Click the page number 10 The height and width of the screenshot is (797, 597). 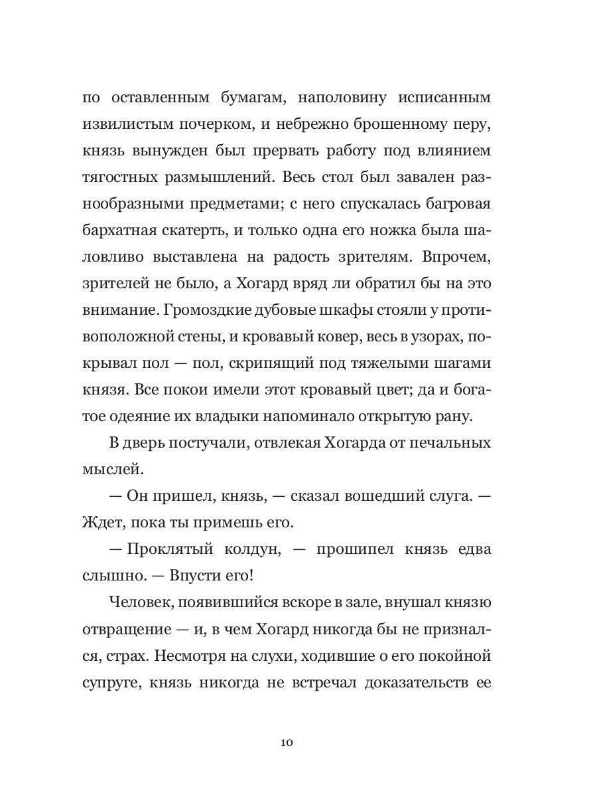click(x=287, y=742)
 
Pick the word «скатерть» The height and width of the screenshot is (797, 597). click(x=214, y=230)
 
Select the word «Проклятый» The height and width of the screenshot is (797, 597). click(x=165, y=550)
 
